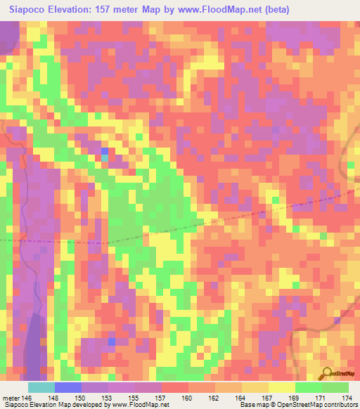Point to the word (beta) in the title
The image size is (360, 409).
point(273,10)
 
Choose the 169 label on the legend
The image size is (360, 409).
point(295,397)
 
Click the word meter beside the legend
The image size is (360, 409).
point(11,397)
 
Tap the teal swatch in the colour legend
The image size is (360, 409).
point(41,387)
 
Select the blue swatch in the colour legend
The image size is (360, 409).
point(68,387)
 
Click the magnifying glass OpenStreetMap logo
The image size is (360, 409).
point(326,375)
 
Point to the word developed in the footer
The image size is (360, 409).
point(91,405)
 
